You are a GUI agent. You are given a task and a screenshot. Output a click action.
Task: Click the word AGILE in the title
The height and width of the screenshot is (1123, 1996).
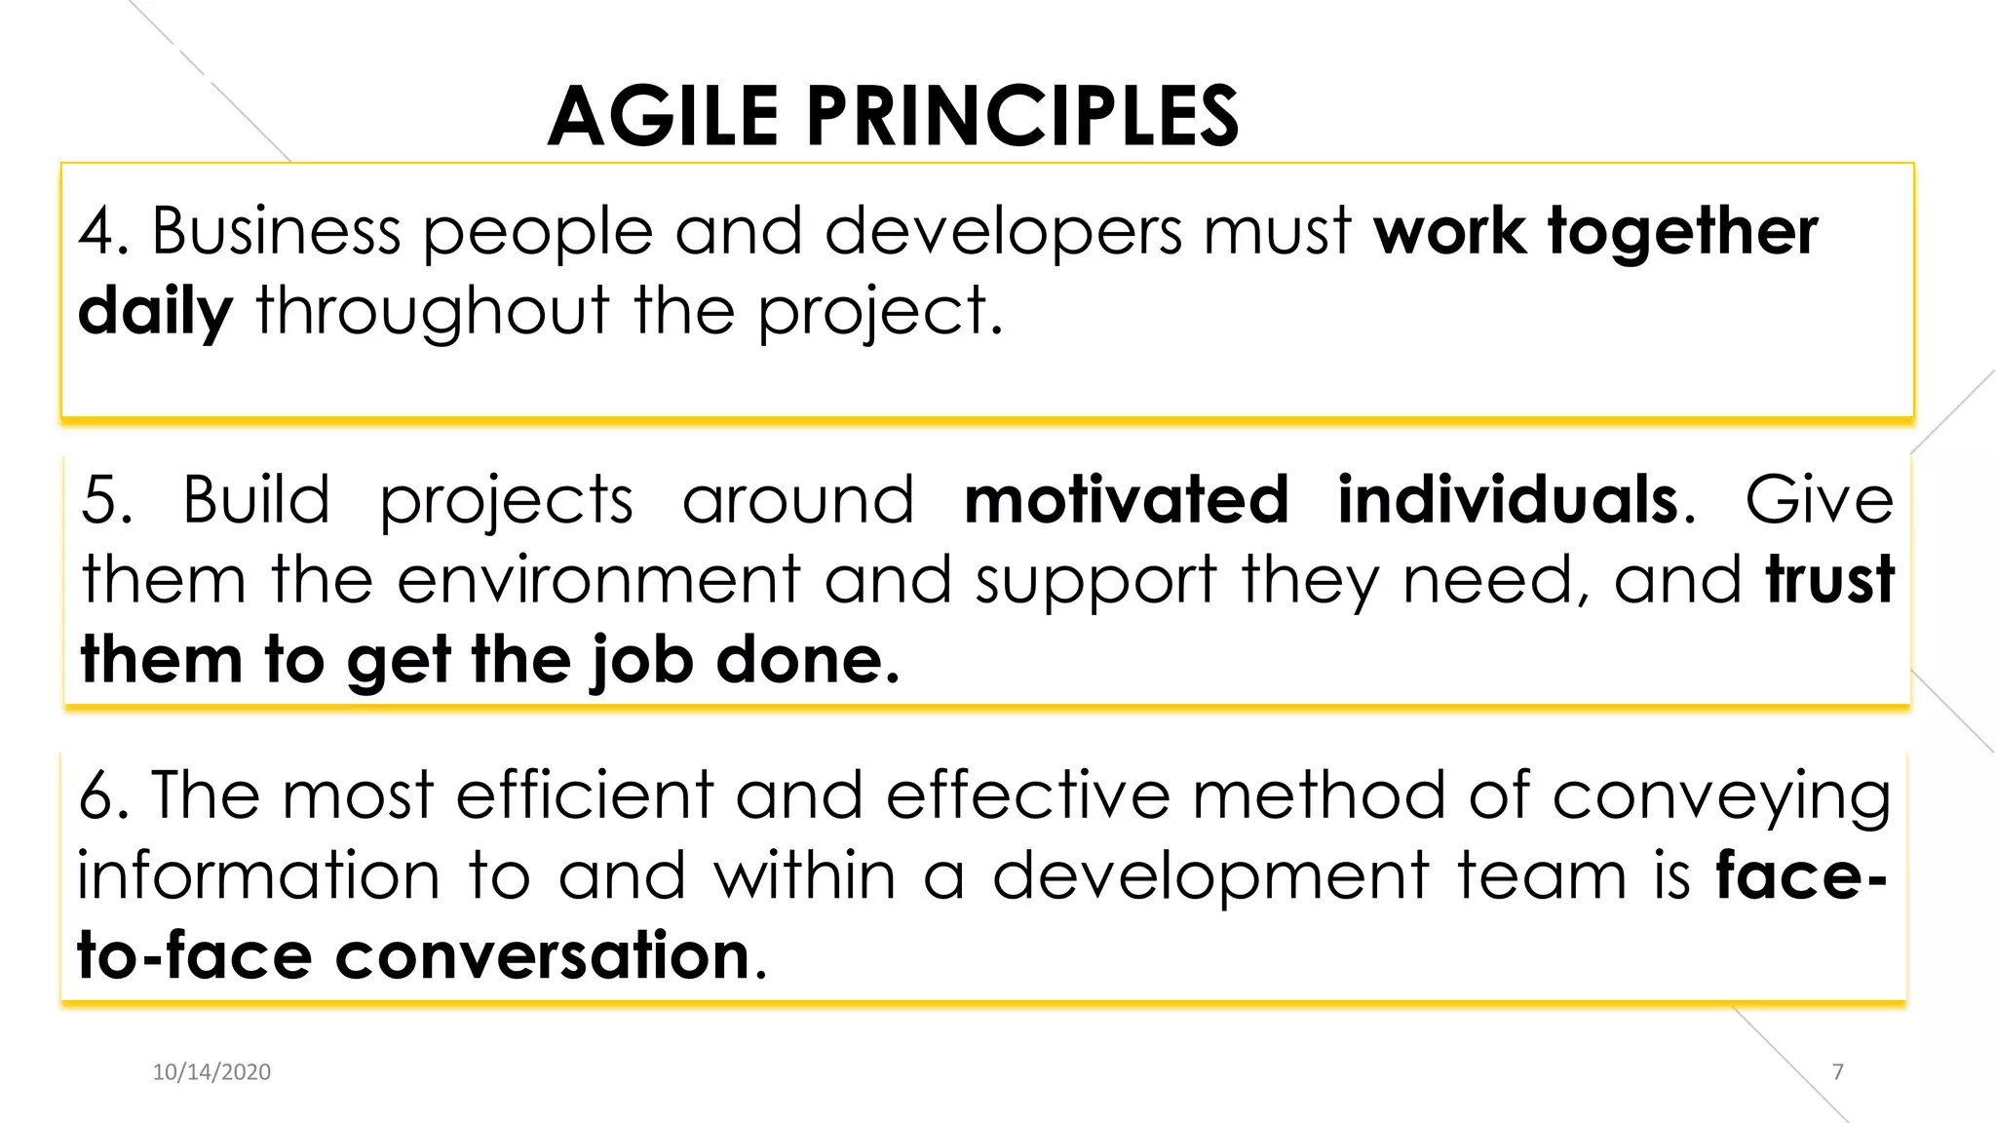coord(663,117)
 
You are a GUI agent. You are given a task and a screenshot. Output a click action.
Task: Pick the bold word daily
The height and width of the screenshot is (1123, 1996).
coord(155,312)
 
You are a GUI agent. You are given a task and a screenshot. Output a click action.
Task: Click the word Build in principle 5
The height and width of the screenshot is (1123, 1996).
coord(256,500)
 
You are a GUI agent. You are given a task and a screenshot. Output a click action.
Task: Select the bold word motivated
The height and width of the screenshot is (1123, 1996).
coord(1126,500)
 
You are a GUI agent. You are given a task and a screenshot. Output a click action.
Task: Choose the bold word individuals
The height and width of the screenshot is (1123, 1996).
coord(1508,500)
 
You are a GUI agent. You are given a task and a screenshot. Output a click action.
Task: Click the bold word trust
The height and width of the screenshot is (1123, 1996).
coord(1829,580)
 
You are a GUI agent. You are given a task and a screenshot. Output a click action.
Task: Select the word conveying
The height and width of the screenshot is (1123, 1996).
coord(1721,796)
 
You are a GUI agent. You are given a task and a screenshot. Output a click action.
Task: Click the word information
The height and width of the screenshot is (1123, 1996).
coord(258,875)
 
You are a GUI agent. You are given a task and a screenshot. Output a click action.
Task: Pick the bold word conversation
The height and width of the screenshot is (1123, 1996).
coord(542,955)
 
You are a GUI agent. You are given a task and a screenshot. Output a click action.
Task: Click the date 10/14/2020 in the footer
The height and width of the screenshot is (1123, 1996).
coord(211,1072)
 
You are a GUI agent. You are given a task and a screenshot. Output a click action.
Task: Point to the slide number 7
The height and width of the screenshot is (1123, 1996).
coord(1838,1072)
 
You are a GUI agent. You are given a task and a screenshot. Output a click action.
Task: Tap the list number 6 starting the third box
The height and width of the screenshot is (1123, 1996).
coord(97,795)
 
